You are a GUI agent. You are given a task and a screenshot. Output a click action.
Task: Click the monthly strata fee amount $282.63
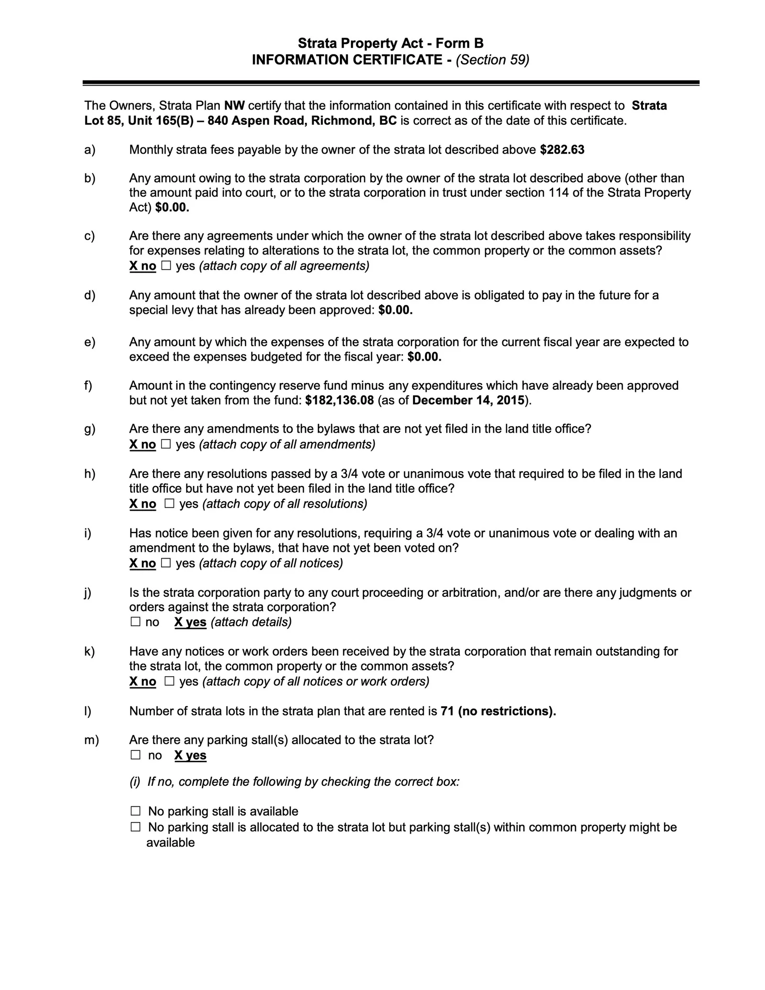(562, 150)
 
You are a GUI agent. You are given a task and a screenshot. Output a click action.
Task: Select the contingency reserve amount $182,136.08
(339, 400)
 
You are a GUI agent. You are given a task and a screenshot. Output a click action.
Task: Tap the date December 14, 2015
(468, 400)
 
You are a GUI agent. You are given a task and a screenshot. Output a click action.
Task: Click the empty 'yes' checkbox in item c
(166, 266)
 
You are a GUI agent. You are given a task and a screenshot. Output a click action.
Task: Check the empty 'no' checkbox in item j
(136, 622)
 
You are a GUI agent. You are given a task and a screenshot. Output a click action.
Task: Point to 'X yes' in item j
(190, 622)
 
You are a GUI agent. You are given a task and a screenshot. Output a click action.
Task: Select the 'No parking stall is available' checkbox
(136, 811)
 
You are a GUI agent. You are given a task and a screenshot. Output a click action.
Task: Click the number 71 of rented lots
(447, 711)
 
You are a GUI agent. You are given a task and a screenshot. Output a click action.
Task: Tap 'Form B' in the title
(459, 44)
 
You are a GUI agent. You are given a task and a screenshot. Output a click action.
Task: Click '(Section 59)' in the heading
(492, 60)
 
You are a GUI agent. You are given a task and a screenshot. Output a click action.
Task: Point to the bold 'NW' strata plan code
(234, 106)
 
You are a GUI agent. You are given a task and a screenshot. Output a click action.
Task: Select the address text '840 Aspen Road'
(257, 121)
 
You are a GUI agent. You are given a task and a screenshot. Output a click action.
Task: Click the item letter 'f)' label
(88, 385)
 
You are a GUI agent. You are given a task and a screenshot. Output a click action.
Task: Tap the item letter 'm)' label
(91, 740)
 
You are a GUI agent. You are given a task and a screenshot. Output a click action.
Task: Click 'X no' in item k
(142, 682)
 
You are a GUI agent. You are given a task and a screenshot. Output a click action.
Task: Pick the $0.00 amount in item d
(395, 310)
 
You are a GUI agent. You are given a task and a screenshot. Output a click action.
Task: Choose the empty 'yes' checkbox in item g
(166, 444)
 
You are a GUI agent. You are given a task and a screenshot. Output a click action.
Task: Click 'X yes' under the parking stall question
(190, 756)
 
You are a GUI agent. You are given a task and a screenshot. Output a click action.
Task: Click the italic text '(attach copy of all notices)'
(271, 563)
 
